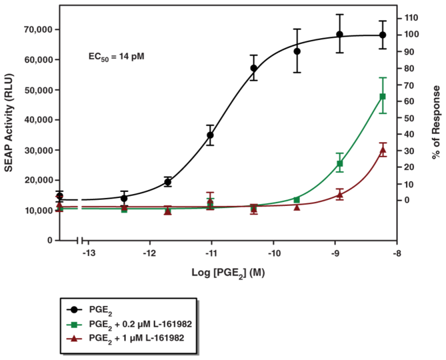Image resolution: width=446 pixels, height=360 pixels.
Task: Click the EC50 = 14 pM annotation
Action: [117, 57]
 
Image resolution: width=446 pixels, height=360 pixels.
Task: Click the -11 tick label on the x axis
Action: [211, 253]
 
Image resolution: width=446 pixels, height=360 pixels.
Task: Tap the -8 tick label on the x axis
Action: [397, 253]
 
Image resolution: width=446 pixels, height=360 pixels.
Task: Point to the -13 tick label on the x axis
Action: [87, 253]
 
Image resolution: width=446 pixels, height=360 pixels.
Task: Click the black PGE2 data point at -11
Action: [211, 135]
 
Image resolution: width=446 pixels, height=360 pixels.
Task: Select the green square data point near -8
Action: [383, 97]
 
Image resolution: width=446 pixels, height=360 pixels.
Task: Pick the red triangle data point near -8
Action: [383, 151]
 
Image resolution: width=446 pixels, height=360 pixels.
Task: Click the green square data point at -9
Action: [340, 163]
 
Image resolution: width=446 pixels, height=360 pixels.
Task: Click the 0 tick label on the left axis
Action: [50, 240]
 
